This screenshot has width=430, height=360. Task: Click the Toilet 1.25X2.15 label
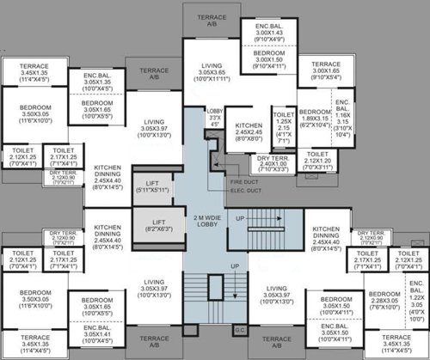click(x=282, y=124)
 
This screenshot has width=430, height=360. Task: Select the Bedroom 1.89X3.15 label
click(x=316, y=119)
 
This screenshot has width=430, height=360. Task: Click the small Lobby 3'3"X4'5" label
click(x=214, y=119)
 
